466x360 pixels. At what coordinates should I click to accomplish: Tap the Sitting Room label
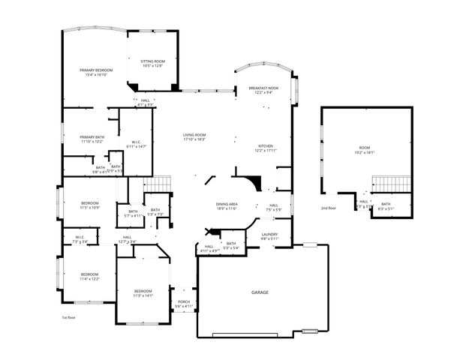tap(152, 61)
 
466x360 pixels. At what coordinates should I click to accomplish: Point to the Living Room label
tap(194, 135)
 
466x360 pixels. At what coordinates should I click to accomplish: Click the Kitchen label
tap(266, 146)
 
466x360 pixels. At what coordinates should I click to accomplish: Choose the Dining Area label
tap(227, 204)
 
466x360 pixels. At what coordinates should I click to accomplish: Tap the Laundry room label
tap(269, 235)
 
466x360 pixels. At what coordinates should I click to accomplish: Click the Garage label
tap(260, 292)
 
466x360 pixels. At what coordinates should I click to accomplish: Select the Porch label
tap(184, 301)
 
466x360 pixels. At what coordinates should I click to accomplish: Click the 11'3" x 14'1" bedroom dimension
tap(143, 295)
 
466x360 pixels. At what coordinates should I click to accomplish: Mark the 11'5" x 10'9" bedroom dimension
tap(90, 208)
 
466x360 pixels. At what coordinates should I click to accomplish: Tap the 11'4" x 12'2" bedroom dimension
tap(89, 279)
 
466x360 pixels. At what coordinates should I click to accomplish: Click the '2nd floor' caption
tap(328, 208)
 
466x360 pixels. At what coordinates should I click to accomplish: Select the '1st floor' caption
tap(69, 318)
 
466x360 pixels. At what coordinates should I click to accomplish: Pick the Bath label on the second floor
tap(385, 203)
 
